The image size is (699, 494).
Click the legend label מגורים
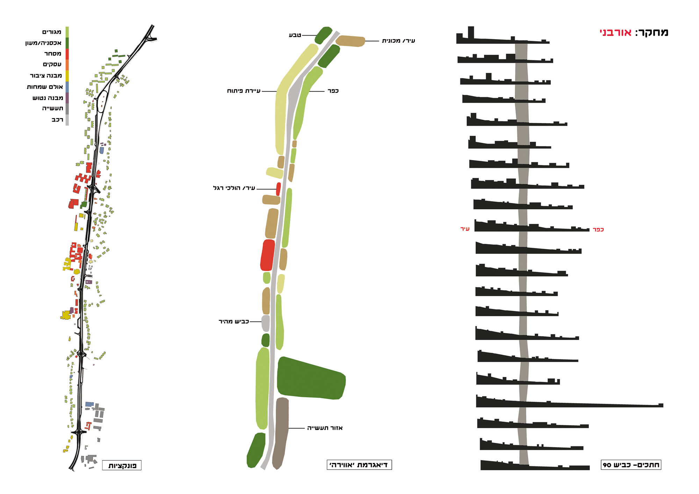point(52,32)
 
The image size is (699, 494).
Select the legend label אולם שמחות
point(45,87)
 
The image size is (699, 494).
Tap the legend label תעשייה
point(52,108)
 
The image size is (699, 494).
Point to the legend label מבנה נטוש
point(48,98)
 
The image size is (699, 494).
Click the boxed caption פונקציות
point(122,465)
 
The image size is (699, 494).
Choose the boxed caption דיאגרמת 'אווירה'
point(359,465)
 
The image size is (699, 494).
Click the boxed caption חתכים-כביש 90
point(631,465)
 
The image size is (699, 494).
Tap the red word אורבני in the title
point(615,33)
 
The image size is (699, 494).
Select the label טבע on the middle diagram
point(295,35)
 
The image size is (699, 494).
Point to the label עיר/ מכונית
point(398,41)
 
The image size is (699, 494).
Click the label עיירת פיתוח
point(244,91)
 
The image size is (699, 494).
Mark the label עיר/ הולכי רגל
point(234,188)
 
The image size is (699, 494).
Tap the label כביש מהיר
point(233,321)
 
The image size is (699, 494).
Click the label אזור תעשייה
point(325,428)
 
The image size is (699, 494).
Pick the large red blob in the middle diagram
point(268,255)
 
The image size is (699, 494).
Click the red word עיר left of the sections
point(465,229)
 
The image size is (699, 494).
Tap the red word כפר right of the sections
point(598,230)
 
